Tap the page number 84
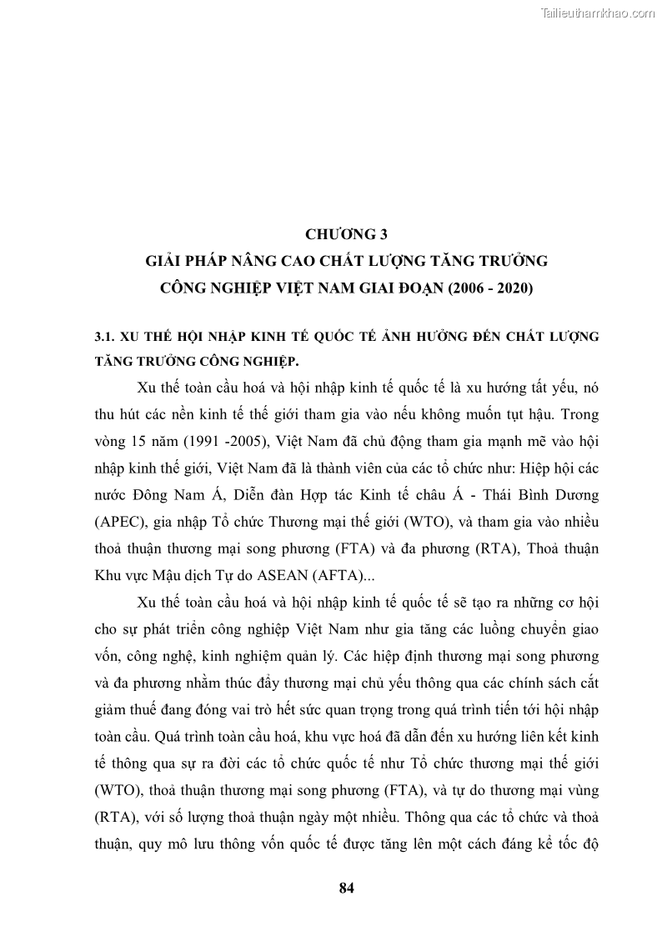pyautogui.click(x=348, y=888)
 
